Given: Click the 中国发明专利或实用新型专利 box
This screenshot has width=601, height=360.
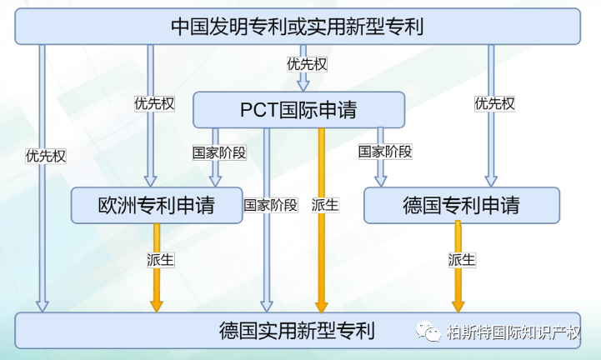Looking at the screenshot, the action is pos(298,27).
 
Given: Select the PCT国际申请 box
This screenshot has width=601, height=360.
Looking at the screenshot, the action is pos(298,110).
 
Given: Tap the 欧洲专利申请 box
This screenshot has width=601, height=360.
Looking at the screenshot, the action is pos(157,205).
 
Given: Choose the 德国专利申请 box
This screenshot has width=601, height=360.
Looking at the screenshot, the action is pos(462,205).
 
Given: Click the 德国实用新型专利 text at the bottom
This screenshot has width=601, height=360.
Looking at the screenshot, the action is pos(297,331).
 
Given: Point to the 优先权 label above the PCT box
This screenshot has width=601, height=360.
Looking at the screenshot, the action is pos(307,64).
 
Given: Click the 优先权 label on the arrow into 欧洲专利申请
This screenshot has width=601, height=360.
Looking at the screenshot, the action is pos(154,103).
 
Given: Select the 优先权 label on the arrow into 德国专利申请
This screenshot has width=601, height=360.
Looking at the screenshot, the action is pos(494,103).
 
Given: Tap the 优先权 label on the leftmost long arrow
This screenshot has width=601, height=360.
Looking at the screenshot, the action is pos(46,156).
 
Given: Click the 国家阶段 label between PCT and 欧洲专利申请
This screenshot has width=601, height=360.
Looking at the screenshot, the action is pos(219,152).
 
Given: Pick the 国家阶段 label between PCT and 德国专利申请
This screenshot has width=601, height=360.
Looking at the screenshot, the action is pos(385,152).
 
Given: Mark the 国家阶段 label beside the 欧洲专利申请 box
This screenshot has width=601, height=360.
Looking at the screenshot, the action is pos(271,205).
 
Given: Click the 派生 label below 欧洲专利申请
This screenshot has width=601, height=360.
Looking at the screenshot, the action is pos(161,260).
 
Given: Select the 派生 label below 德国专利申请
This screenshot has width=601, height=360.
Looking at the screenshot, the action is pos(462,260).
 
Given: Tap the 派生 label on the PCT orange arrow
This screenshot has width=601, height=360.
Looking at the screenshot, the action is pos(325,205).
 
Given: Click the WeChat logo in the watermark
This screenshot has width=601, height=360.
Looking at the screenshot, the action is pos(428,331).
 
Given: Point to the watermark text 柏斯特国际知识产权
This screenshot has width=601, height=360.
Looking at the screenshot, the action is pos(513,332).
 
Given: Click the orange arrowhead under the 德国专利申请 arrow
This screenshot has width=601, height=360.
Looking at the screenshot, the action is pos(458,307).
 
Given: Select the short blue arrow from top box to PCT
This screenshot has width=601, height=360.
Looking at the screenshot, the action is pos(303,67).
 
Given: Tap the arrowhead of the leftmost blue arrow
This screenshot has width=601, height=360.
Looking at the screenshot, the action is pos(43,307).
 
